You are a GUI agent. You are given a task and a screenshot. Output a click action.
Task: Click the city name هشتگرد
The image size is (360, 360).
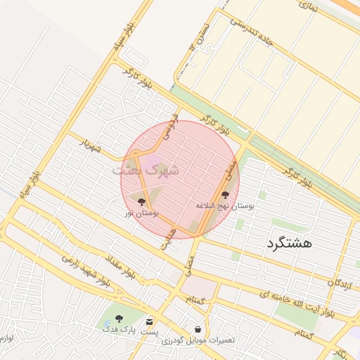289,244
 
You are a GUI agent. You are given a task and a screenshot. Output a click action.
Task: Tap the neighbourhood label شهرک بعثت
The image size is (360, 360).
146,169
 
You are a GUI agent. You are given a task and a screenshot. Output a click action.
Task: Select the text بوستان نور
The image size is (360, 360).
142,212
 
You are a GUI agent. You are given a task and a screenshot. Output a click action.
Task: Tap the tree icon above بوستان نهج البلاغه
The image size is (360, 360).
226,195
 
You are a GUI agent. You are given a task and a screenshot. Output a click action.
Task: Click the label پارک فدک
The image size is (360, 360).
117,329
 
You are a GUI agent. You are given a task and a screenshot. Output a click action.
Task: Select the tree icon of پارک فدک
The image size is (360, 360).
118,319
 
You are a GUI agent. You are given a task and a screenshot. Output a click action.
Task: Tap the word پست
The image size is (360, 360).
149,330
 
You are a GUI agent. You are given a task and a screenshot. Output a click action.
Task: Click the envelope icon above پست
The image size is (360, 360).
149,321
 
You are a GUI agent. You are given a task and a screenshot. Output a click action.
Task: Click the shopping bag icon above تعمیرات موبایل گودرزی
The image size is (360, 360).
198,329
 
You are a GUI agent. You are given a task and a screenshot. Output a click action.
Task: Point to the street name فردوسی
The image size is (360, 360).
167,125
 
